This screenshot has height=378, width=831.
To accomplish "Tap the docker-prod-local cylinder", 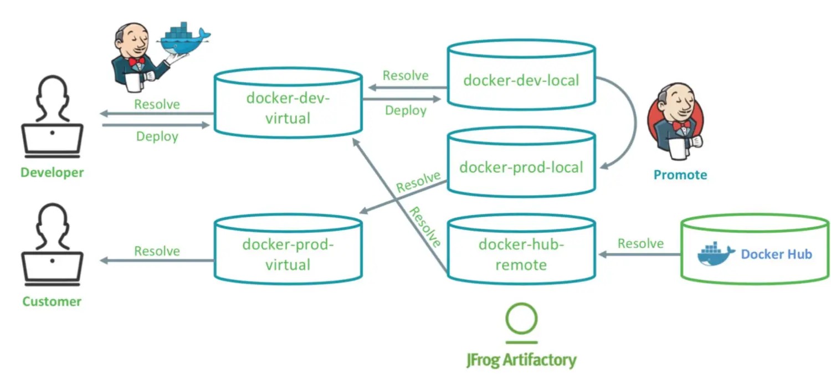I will pyautogui.click(x=521, y=163).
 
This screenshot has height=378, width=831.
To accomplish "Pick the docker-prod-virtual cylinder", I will pyautogui.click(x=288, y=249).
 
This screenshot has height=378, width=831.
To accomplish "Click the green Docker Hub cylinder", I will pyautogui.click(x=755, y=250).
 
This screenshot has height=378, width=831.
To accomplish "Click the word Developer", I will pyautogui.click(x=52, y=172).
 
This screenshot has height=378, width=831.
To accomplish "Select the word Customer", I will pyautogui.click(x=52, y=302).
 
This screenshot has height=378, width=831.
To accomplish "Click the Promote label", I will pyautogui.click(x=680, y=175).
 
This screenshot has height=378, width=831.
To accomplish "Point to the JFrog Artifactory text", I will pyautogui.click(x=521, y=360).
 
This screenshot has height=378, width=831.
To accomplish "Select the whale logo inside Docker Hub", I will pyautogui.click(x=716, y=254).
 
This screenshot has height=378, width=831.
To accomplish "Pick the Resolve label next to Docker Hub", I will pyautogui.click(x=640, y=243).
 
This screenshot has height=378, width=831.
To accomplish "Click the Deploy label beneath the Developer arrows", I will pyautogui.click(x=157, y=136).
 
